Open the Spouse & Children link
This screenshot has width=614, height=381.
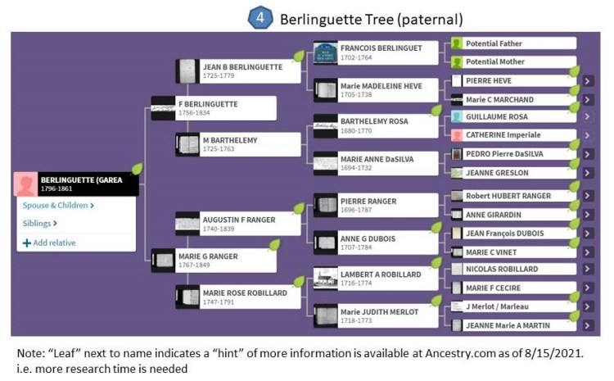click(x=58, y=206)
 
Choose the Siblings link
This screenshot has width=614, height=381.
click(x=41, y=223)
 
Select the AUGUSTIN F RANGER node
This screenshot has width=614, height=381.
click(x=237, y=223)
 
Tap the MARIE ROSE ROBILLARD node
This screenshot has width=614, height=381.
click(x=237, y=296)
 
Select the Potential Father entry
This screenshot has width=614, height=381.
click(x=512, y=43)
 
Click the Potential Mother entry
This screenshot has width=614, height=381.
click(x=512, y=62)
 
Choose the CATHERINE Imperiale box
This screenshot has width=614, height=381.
click(x=512, y=135)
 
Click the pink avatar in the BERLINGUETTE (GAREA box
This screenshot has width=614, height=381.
click(x=28, y=185)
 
